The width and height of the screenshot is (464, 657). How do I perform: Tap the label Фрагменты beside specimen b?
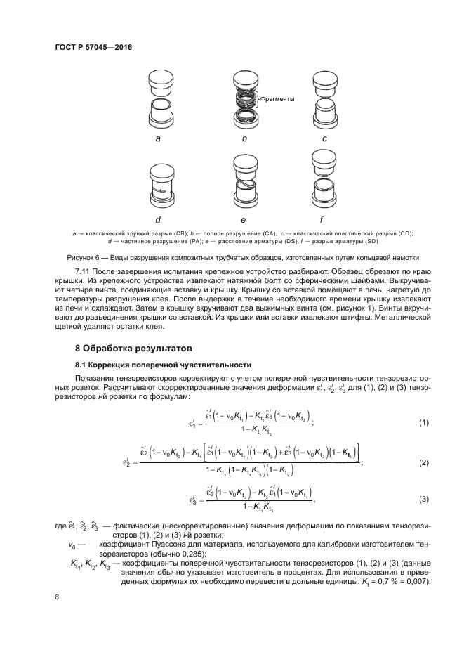coord(277,99)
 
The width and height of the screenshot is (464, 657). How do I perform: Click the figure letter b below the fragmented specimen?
coord(244,139)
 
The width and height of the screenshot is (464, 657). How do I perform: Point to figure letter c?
coord(324,139)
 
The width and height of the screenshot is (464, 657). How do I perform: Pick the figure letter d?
coord(159,220)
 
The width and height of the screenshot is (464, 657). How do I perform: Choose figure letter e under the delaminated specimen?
coord(243,220)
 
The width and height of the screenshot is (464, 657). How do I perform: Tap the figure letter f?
coord(325,219)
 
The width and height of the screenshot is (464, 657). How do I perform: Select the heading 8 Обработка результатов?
coord(133,349)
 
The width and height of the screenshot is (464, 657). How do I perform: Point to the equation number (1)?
coord(423,423)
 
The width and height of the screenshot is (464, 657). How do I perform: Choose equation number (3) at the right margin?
coord(423,500)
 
